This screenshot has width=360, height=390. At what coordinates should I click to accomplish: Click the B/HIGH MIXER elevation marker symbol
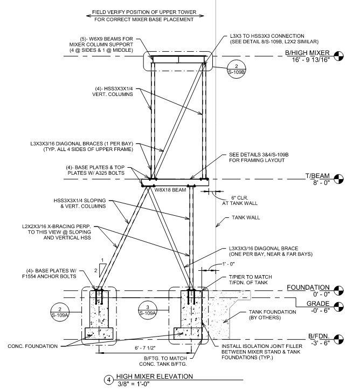coord(338,56)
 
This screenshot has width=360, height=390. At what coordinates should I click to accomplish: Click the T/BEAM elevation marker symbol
coord(338,179)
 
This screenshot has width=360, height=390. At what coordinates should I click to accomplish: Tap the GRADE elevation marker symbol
coord(338,307)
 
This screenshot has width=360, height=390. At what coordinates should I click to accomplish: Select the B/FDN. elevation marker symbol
coord(338,339)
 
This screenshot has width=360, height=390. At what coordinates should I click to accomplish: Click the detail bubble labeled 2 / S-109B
coord(237,69)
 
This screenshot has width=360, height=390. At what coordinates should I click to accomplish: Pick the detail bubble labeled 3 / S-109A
coord(148,310)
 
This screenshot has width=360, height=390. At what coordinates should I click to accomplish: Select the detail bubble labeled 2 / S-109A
coord(60,312)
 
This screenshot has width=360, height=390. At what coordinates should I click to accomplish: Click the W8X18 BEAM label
coord(170,190)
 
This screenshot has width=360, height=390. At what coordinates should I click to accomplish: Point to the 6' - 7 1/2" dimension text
coord(146,348)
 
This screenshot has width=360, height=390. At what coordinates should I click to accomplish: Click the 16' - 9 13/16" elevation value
coord(310,60)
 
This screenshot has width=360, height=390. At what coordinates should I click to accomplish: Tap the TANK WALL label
coord(246,217)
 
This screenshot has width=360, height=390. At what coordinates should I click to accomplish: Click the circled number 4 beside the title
coord(108,380)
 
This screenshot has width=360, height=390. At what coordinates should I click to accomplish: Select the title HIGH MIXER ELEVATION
coord(155,377)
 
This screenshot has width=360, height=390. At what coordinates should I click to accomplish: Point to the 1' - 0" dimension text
coord(229,264)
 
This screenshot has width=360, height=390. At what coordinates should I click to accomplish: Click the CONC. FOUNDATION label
coord(32,346)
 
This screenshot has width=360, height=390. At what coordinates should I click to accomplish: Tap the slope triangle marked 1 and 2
coord(102,270)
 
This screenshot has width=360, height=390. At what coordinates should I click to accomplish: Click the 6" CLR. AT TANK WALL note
coord(240,201)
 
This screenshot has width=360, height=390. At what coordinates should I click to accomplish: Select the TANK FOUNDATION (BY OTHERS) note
coord(272,314)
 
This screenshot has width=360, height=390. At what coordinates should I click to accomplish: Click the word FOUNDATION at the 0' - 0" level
coord(308,288)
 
